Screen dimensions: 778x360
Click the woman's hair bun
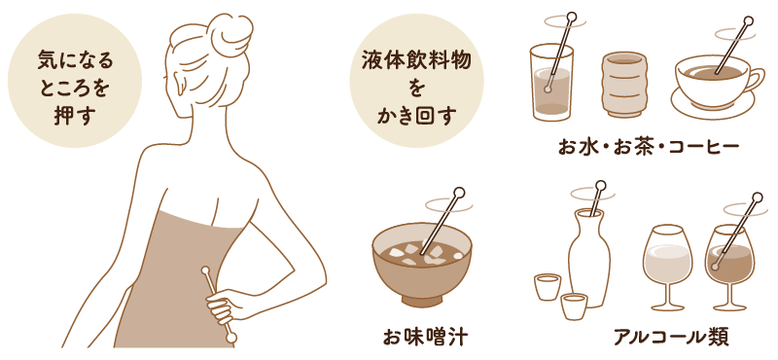[x=230, y=34]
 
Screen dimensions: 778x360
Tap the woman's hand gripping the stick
[x=223, y=306]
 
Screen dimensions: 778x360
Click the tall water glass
[x=551, y=82]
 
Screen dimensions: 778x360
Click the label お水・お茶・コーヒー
[x=649, y=147]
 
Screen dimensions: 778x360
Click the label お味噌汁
[x=425, y=338]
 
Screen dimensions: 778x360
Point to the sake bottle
[x=590, y=258]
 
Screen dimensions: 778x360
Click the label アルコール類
[x=671, y=338]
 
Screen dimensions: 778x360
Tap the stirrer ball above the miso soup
[x=459, y=193]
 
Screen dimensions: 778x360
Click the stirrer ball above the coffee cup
[x=748, y=21]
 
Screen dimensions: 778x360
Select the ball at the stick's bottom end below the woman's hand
[x=230, y=339]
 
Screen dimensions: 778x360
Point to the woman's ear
[x=182, y=86]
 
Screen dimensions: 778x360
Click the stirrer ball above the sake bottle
[x=601, y=186]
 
